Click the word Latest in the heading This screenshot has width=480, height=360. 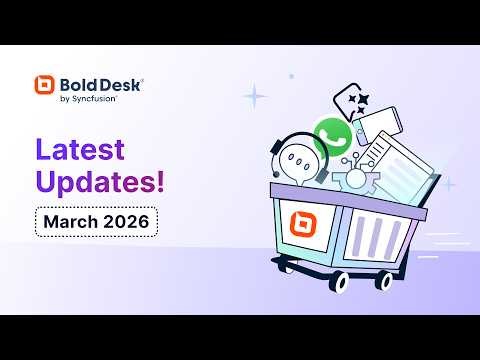tap(81, 150)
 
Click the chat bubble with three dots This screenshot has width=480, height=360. tap(298, 160)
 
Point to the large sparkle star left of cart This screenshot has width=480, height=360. tap(256, 96)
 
